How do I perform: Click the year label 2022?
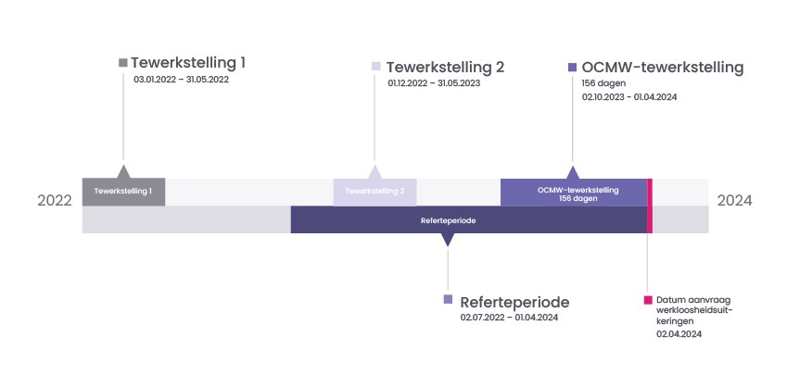click(x=55, y=201)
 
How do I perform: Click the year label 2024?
click(x=734, y=201)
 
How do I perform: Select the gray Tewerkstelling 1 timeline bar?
click(x=123, y=192)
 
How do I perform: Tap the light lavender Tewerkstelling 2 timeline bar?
click(x=374, y=192)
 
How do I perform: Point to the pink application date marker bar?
click(x=650, y=206)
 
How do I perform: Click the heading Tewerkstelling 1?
click(x=188, y=63)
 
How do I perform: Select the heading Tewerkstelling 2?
click(x=445, y=67)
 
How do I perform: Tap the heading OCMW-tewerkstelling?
click(x=663, y=67)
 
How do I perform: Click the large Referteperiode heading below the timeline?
click(x=514, y=302)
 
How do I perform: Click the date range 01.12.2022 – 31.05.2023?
click(x=434, y=83)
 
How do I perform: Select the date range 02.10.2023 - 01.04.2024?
click(x=629, y=96)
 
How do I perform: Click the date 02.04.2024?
click(x=679, y=334)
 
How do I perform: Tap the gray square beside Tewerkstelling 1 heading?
click(x=123, y=63)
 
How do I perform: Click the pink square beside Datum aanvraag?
click(x=648, y=300)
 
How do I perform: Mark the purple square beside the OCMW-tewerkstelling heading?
click(x=573, y=67)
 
